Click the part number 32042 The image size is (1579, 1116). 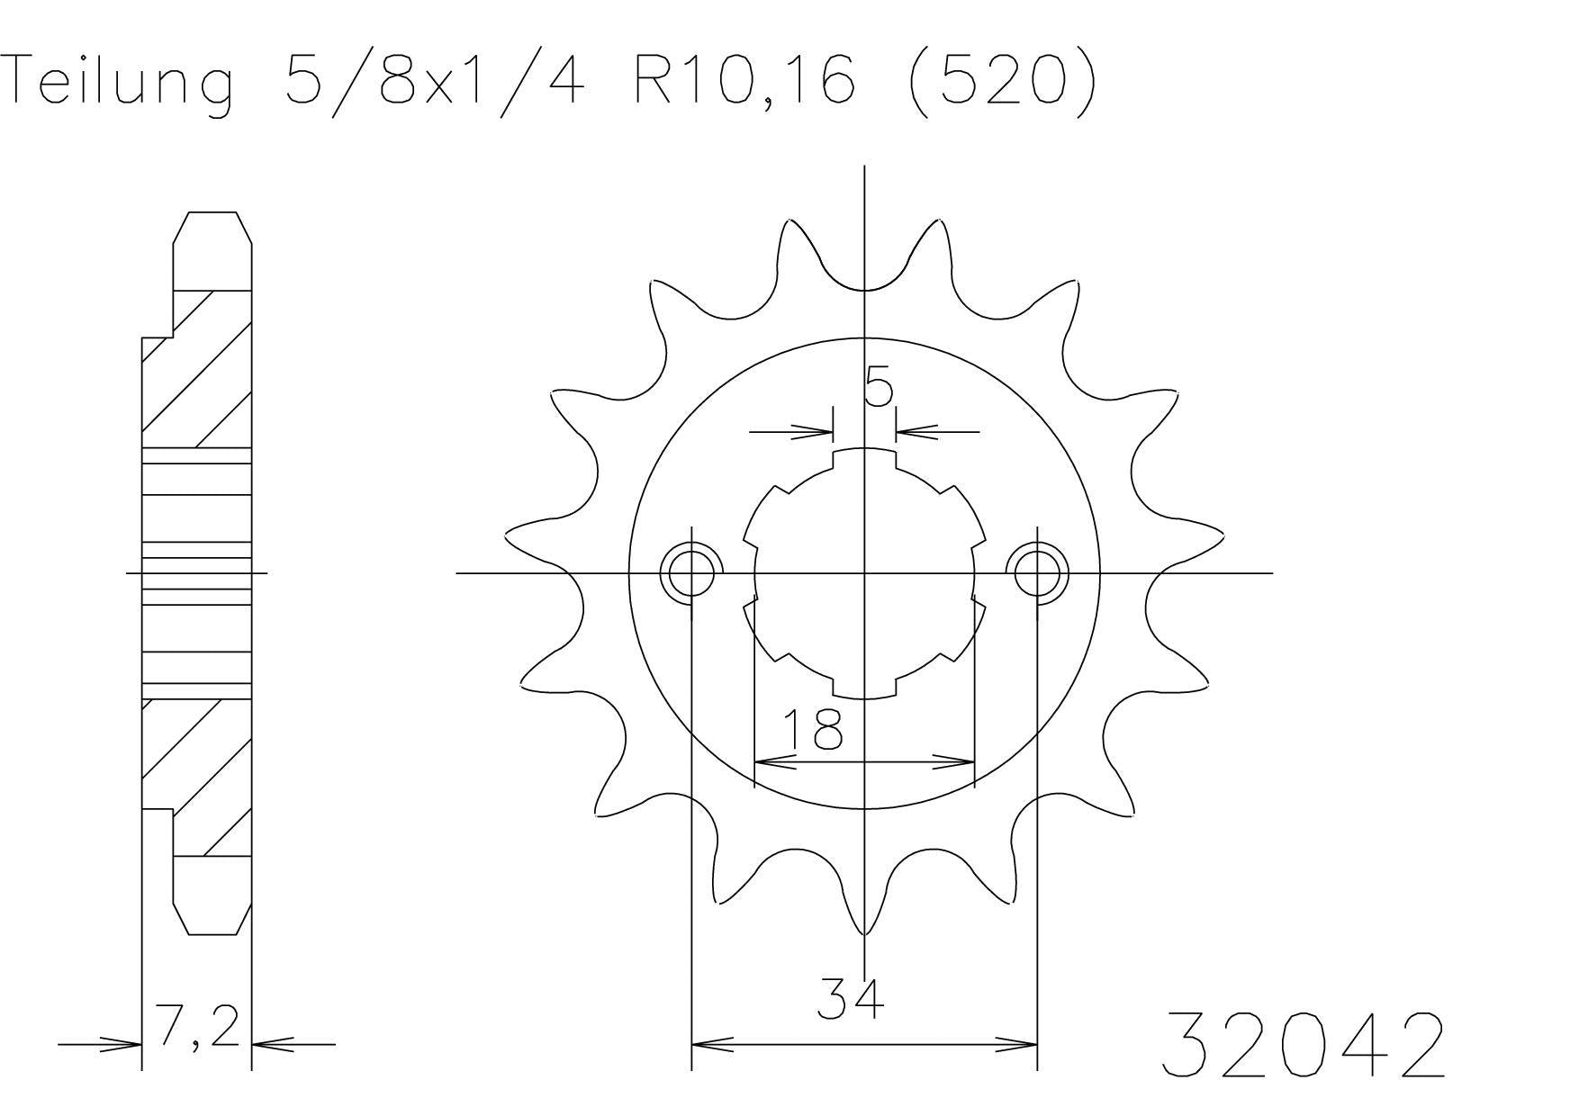(x=1303, y=1046)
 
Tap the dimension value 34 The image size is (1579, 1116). (x=850, y=999)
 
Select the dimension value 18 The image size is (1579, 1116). (x=812, y=730)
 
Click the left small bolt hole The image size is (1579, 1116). (x=691, y=572)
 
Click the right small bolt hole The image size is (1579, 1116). (x=1038, y=572)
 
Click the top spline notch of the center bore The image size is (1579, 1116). (x=865, y=458)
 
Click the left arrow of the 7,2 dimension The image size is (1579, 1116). (x=122, y=1045)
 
